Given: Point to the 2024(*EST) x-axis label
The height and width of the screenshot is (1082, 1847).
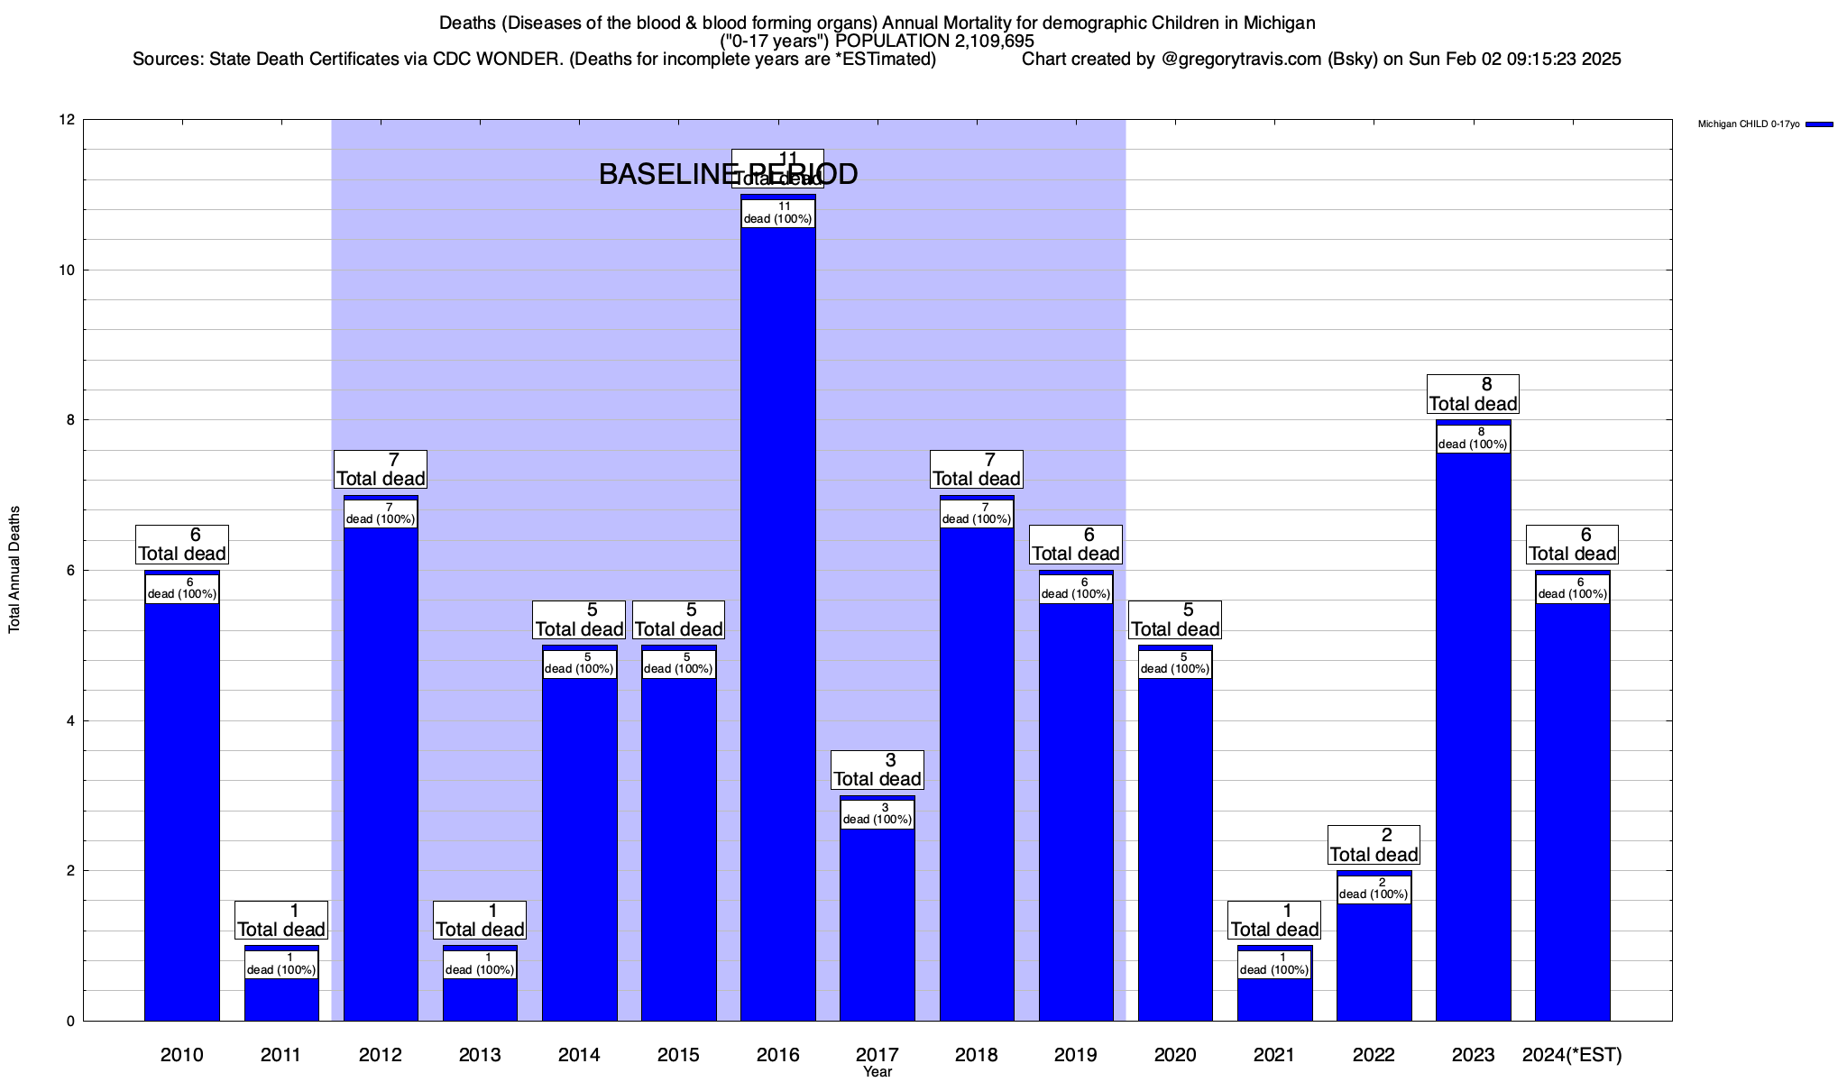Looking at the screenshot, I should tap(1572, 1055).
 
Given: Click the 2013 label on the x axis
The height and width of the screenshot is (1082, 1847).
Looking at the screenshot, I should tap(480, 1055).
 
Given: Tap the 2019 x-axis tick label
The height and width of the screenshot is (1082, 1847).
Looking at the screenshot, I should tap(1076, 1055).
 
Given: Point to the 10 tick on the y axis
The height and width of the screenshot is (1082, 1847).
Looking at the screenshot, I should tap(69, 270).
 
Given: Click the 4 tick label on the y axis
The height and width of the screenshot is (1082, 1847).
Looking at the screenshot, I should tap(69, 720).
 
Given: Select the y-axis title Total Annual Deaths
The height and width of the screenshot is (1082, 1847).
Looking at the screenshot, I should tap(14, 570).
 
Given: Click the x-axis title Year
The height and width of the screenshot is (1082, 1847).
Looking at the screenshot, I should tap(877, 1072).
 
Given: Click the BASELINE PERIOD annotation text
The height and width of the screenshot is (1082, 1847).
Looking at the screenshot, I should tap(728, 175).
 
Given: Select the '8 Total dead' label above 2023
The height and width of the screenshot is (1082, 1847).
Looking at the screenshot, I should tap(1473, 395).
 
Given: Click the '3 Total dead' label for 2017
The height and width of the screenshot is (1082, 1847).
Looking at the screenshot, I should tap(877, 770).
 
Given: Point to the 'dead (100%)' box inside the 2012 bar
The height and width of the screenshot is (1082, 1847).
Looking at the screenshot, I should tap(381, 513).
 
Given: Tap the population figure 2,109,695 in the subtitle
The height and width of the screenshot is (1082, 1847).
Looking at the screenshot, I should tap(980, 41).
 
